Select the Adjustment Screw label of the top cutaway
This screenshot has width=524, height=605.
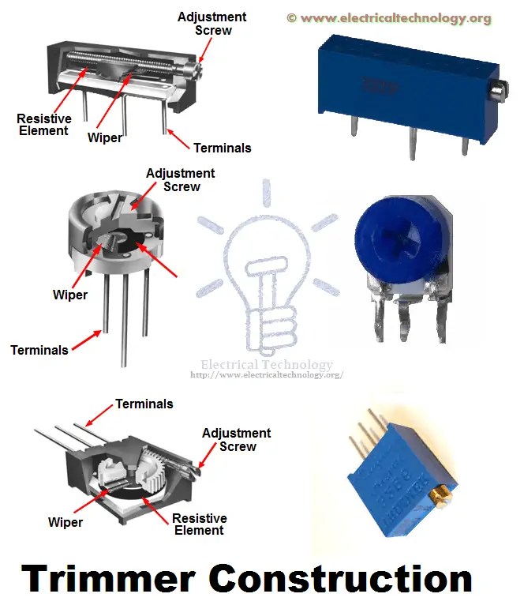(211, 23)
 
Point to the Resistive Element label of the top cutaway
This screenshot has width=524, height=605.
(44, 125)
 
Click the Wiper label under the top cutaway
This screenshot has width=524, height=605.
(104, 138)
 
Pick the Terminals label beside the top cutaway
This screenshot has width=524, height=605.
(222, 148)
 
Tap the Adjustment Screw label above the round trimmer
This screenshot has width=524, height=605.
(181, 180)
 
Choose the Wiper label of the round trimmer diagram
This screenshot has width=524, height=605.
(69, 295)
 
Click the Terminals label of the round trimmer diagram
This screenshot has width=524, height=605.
(39, 349)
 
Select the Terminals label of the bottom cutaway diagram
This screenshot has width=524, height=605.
(144, 404)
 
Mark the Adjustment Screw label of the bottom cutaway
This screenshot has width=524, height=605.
(237, 440)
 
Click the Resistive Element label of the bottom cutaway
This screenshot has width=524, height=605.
(200, 524)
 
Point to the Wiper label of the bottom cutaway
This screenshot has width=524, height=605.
(65, 522)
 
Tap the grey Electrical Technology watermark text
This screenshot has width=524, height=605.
(267, 365)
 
